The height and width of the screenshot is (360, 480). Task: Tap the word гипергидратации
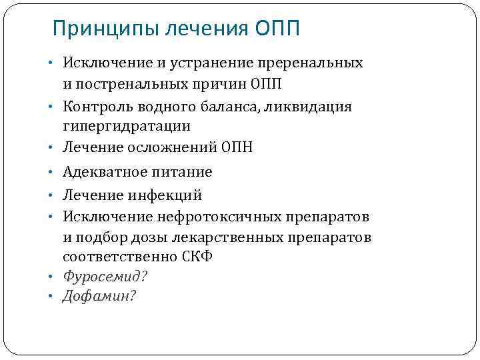tap(127, 125)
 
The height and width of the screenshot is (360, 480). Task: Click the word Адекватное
tap(102, 172)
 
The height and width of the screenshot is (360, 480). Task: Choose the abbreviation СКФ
tap(197, 257)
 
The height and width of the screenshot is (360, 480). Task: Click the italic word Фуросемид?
tap(105, 276)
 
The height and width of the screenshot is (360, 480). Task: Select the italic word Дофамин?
tap(99, 296)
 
